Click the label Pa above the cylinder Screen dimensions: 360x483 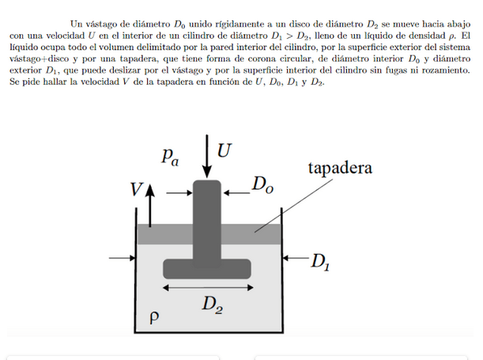click(168, 157)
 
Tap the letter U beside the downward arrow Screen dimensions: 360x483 click(225, 150)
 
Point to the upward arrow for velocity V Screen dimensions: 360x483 click(147, 202)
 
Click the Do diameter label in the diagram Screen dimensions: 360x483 click(263, 186)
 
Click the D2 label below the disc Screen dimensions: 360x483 click(211, 303)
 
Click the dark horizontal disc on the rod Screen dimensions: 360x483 click(206, 267)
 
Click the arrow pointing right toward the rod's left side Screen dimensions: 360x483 click(179, 191)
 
